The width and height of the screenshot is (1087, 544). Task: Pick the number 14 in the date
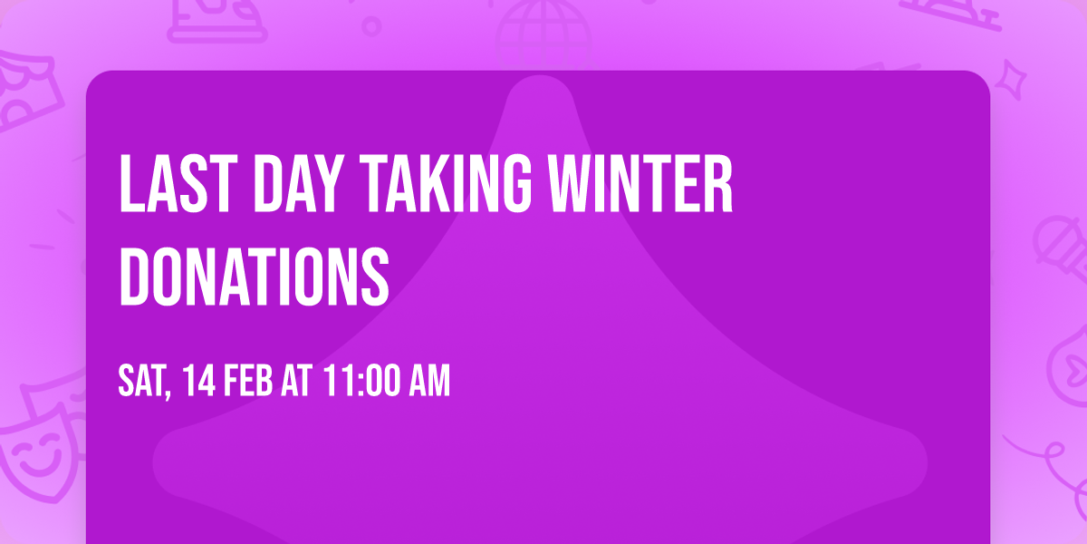[x=198, y=382]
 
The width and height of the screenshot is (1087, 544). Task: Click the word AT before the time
[x=297, y=382]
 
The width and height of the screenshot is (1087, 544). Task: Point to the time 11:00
[x=358, y=382]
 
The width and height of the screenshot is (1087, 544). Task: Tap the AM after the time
[x=428, y=382]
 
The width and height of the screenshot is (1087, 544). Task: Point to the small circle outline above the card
[x=371, y=26]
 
